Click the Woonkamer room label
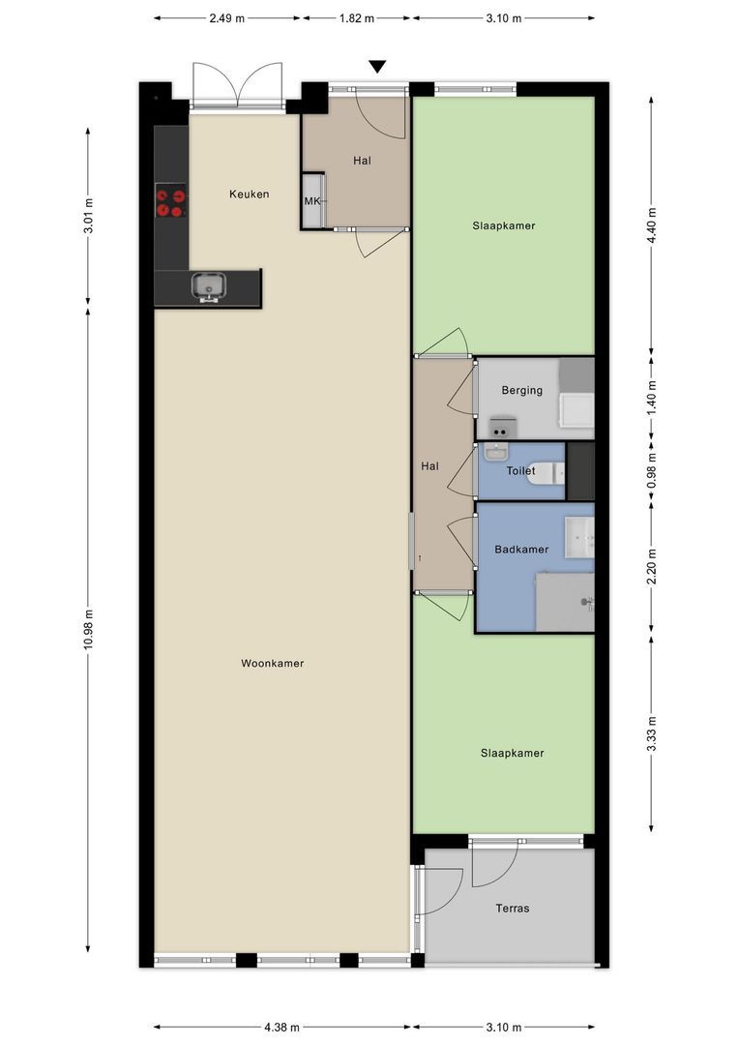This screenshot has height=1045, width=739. click(272, 663)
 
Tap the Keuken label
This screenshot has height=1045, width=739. click(249, 194)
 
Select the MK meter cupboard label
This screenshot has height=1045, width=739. click(312, 201)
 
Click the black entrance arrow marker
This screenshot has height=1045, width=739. click(377, 67)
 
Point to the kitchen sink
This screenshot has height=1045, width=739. click(208, 285)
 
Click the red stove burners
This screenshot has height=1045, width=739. click(171, 202)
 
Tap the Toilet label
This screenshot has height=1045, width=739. click(520, 470)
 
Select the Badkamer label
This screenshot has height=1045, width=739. click(521, 549)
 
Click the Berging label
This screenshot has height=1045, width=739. click(521, 390)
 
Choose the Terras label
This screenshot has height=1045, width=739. click(513, 908)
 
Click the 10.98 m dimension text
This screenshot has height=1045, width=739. click(88, 633)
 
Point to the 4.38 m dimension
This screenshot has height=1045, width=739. click(281, 1028)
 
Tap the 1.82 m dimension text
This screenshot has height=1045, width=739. click(355, 18)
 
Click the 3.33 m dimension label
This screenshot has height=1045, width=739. click(651, 733)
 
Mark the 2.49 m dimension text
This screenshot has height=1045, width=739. click(226, 18)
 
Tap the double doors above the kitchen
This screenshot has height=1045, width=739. click(237, 87)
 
